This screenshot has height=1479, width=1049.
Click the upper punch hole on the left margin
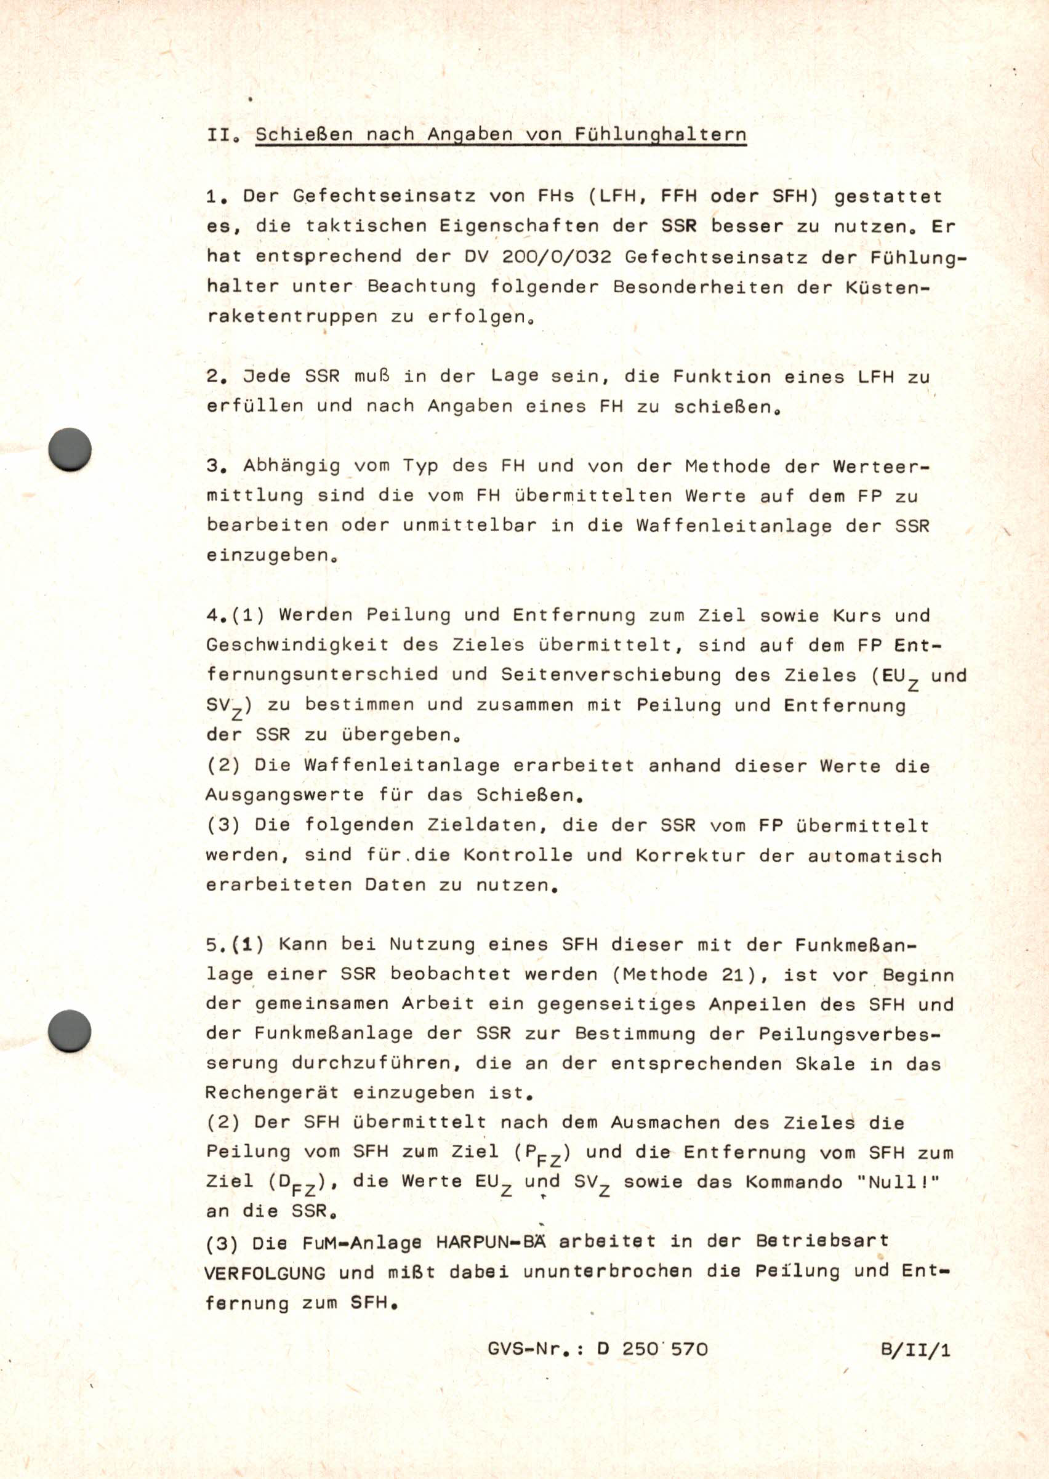point(70,449)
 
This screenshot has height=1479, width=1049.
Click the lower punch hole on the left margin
point(70,1032)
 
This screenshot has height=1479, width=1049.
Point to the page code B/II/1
point(915,1350)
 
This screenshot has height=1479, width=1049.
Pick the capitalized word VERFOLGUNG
point(265,1273)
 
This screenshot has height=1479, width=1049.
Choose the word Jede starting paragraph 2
point(267,376)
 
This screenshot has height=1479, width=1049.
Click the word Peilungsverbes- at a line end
point(848,1033)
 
